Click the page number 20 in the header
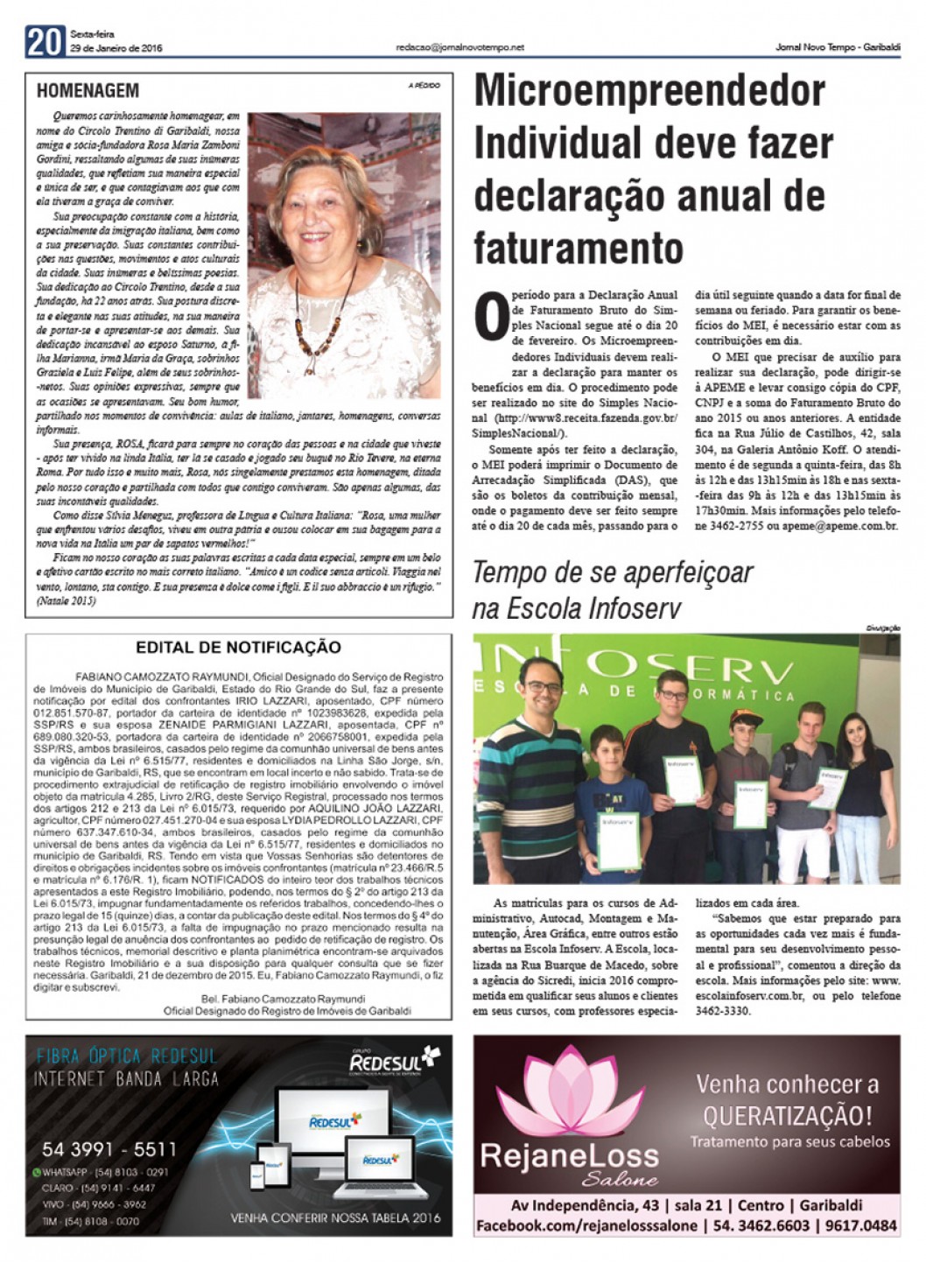point(45,41)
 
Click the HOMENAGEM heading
point(88,90)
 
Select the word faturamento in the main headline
point(578,248)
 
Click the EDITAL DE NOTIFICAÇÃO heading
point(238,648)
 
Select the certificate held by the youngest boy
point(618,840)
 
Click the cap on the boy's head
point(742,719)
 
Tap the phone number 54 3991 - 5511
point(109,1149)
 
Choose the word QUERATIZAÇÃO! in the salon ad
point(788,1115)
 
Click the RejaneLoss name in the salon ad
point(569,1155)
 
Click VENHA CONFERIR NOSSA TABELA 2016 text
point(336,1217)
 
